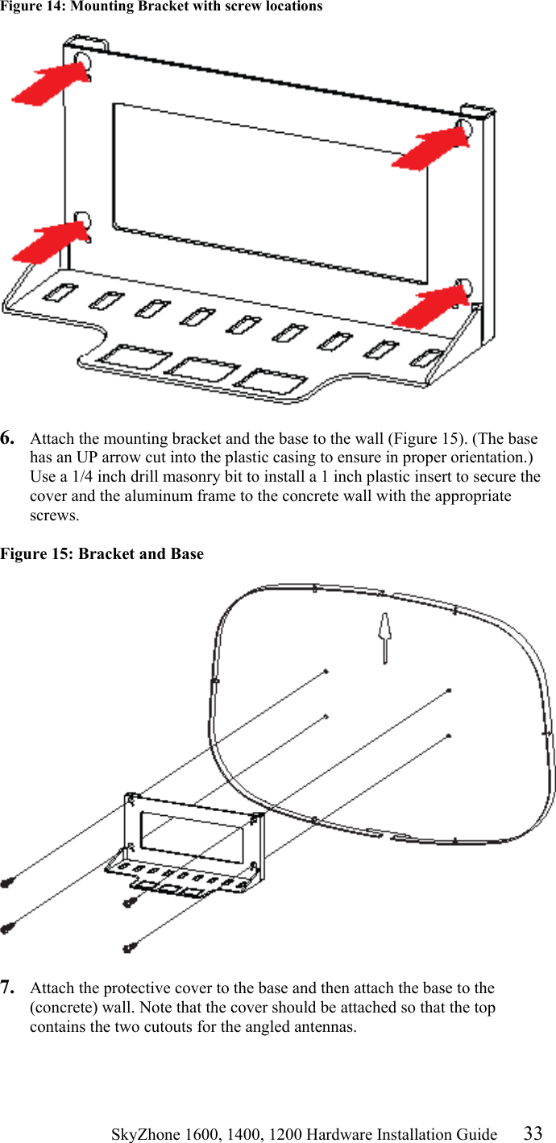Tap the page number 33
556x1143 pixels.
(x=533, y=1133)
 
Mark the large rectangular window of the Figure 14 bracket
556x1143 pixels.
(x=270, y=193)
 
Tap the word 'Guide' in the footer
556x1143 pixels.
(x=479, y=1134)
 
